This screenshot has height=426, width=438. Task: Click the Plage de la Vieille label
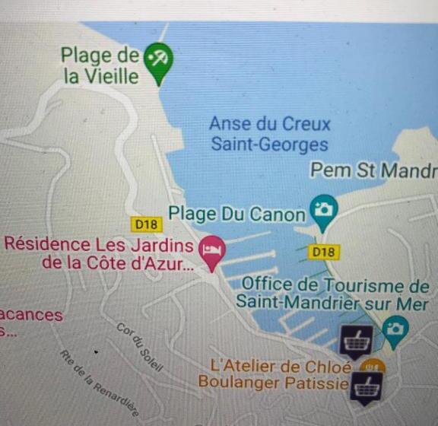100,65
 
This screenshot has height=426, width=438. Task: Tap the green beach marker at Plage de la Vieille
159,59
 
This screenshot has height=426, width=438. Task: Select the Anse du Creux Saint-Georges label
269,134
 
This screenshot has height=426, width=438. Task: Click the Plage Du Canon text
236,215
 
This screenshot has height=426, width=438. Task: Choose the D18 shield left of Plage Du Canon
145,224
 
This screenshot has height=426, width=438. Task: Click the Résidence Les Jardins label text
99,245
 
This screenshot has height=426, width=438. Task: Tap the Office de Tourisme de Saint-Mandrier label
332,293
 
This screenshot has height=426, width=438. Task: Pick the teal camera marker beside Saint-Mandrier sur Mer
395,329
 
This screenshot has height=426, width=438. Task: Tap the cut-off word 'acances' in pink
31,315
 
